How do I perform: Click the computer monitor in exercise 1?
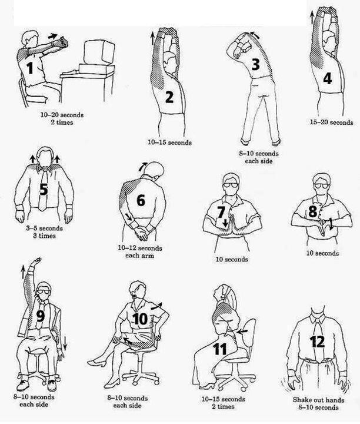coord(99,52)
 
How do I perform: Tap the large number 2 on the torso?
coord(169,97)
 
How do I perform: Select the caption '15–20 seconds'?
coord(331,122)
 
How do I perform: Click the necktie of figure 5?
coord(43,189)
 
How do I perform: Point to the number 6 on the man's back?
coord(141,200)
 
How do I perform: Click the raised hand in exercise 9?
coord(36,261)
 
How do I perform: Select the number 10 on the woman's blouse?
coord(140,319)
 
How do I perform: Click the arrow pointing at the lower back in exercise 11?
coord(243,331)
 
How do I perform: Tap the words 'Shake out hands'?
coord(318,400)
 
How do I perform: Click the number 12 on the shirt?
coord(317,342)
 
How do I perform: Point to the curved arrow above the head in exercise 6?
coord(142,166)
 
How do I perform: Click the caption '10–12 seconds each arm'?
coord(140,252)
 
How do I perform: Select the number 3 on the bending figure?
coord(255,64)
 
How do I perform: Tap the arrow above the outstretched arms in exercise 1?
coord(53,36)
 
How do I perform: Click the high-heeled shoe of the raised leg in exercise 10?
coord(96,363)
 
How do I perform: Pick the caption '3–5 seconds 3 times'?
coord(44,232)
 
